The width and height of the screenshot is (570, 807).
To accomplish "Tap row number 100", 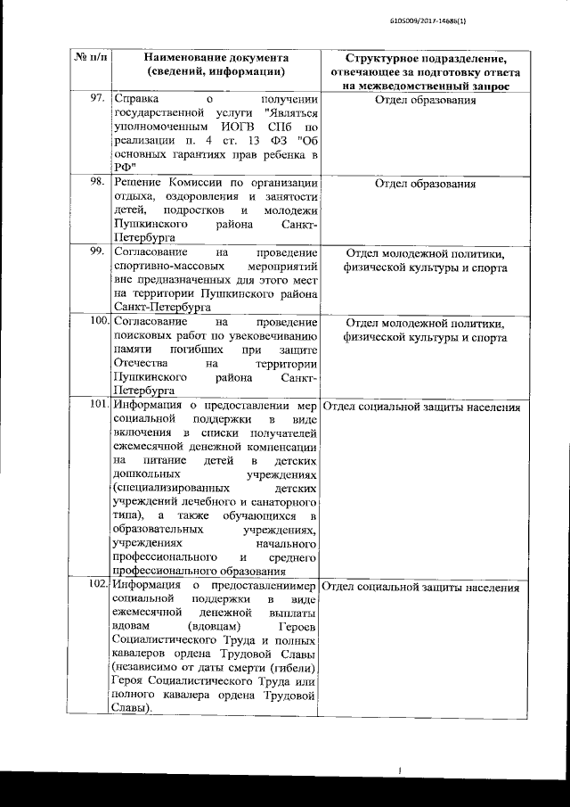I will [98, 321].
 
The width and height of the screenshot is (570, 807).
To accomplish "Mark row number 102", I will [98, 586].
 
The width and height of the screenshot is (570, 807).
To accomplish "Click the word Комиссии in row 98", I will [204, 183].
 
